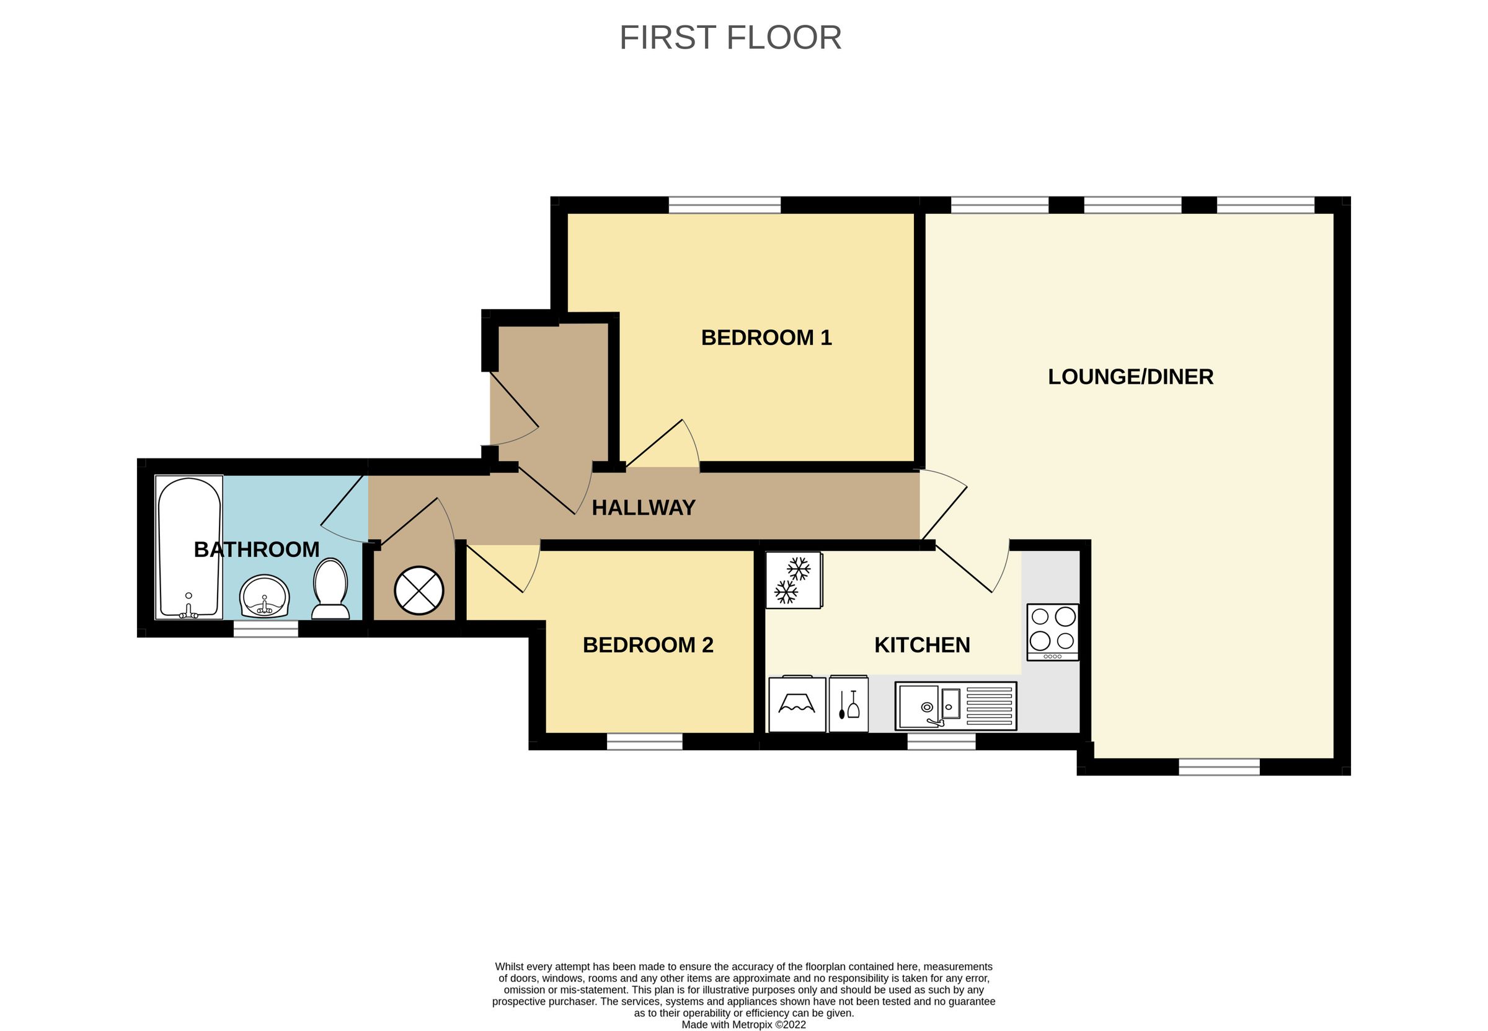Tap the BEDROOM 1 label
point(766,337)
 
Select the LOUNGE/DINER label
point(1130,377)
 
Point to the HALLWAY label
point(643,507)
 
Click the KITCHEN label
point(922,645)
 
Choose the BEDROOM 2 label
point(648,645)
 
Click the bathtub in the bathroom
point(188,547)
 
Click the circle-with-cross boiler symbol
point(419,590)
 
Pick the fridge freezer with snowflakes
point(794,579)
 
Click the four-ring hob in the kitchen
point(1052,631)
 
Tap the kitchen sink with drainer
point(955,706)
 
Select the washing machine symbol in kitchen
point(796,704)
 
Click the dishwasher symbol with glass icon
point(848,704)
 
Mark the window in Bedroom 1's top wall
point(724,206)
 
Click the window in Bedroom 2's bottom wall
point(644,741)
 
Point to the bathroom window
point(265,628)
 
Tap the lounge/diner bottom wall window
point(1218,767)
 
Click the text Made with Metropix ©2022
point(743,1025)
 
